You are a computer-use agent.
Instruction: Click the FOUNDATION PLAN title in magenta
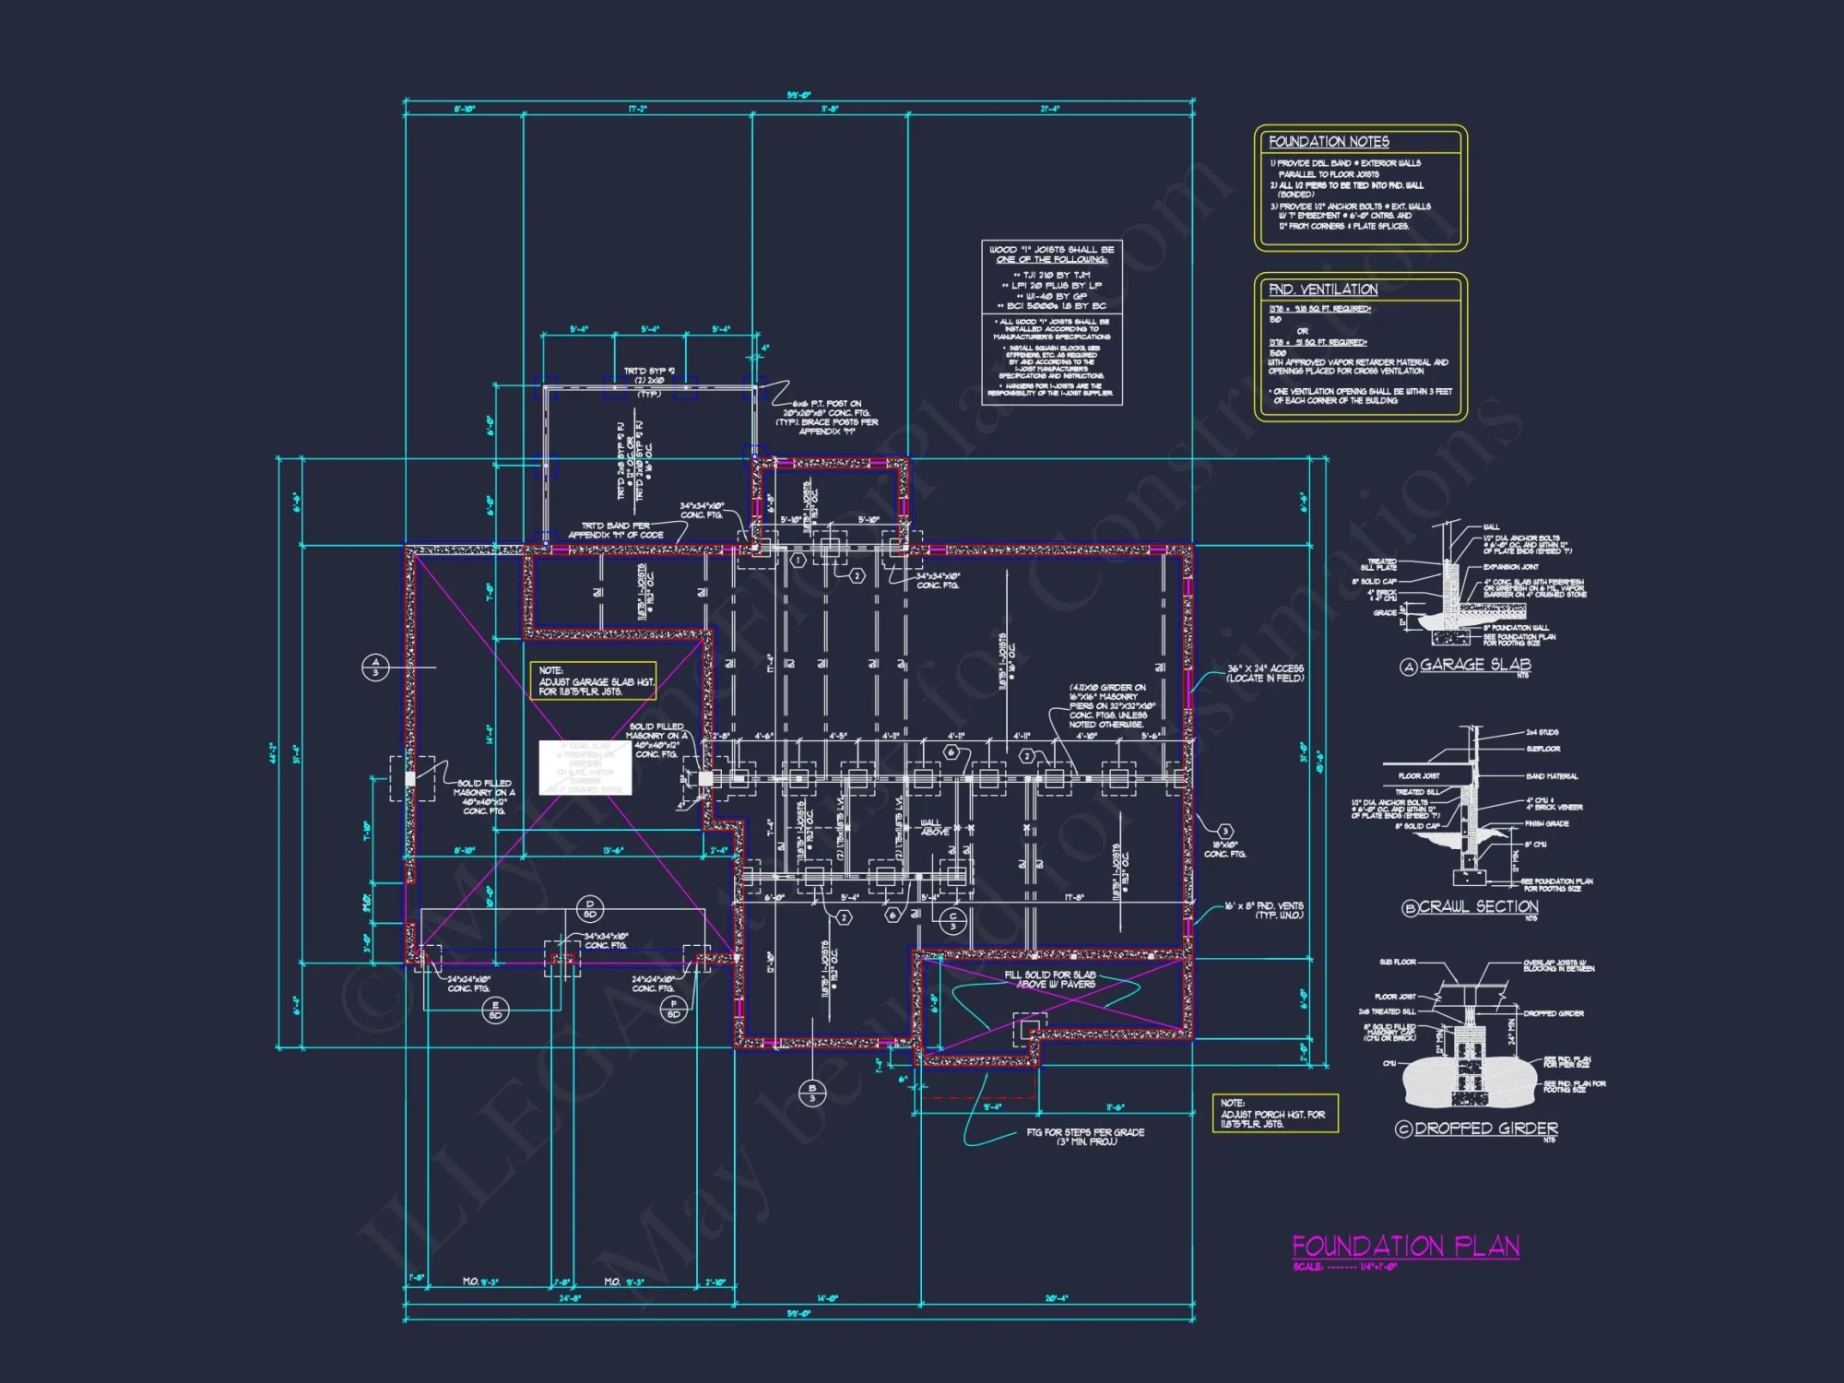click(1405, 1247)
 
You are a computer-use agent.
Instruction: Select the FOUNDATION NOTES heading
click(1329, 142)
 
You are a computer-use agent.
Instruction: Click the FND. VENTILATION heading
click(1323, 290)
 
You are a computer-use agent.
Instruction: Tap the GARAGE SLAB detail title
click(1474, 665)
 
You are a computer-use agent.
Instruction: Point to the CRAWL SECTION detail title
click(1478, 907)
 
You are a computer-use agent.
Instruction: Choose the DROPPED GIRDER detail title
click(1485, 1129)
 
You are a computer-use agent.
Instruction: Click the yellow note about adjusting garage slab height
click(593, 681)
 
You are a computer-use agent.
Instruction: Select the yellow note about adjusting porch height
click(1274, 1114)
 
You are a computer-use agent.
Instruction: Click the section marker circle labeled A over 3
click(375, 667)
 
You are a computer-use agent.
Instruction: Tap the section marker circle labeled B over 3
click(812, 1093)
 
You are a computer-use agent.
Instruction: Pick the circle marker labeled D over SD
click(590, 909)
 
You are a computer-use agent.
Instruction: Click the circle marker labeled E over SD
click(495, 1011)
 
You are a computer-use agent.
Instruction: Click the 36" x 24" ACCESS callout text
click(1265, 673)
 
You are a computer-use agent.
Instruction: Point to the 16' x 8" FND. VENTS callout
click(1264, 910)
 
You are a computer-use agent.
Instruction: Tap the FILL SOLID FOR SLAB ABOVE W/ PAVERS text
click(1050, 979)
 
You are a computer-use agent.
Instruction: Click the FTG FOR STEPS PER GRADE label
click(1085, 1137)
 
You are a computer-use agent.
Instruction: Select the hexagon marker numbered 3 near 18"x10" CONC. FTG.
click(1224, 832)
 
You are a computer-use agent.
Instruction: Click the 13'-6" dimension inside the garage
click(613, 851)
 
